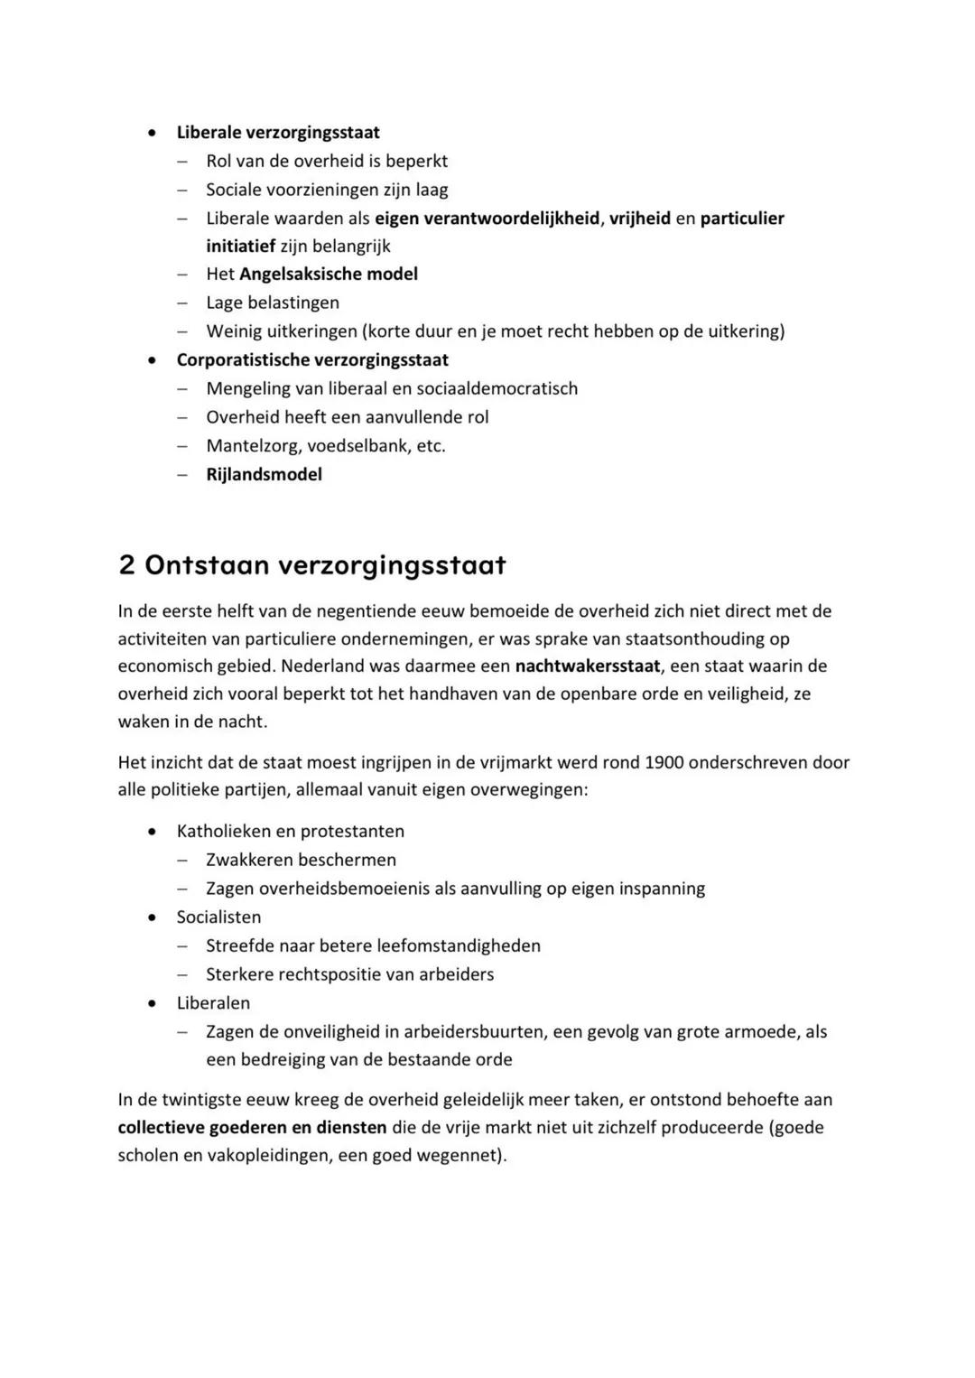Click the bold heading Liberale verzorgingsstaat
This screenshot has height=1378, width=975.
pyautogui.click(x=278, y=132)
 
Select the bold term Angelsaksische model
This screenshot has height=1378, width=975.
pyautogui.click(x=329, y=274)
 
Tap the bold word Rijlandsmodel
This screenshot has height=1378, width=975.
pyautogui.click(x=264, y=474)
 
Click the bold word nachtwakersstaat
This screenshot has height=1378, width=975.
pyautogui.click(x=588, y=666)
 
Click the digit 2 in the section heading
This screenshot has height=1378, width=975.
pyautogui.click(x=126, y=565)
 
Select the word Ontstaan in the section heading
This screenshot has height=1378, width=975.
pyautogui.click(x=207, y=565)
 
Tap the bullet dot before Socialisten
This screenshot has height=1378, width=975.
pyautogui.click(x=155, y=917)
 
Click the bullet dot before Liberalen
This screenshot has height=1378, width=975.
pyautogui.click(x=155, y=1003)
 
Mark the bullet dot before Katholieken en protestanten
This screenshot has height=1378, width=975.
pyautogui.click(x=155, y=832)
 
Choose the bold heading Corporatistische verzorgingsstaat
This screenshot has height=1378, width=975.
pyautogui.click(x=312, y=359)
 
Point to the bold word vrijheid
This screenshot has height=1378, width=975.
pyautogui.click(x=640, y=218)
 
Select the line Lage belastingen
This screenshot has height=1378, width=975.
pyautogui.click(x=273, y=303)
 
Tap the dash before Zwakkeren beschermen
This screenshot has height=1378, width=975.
pyautogui.click(x=183, y=861)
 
